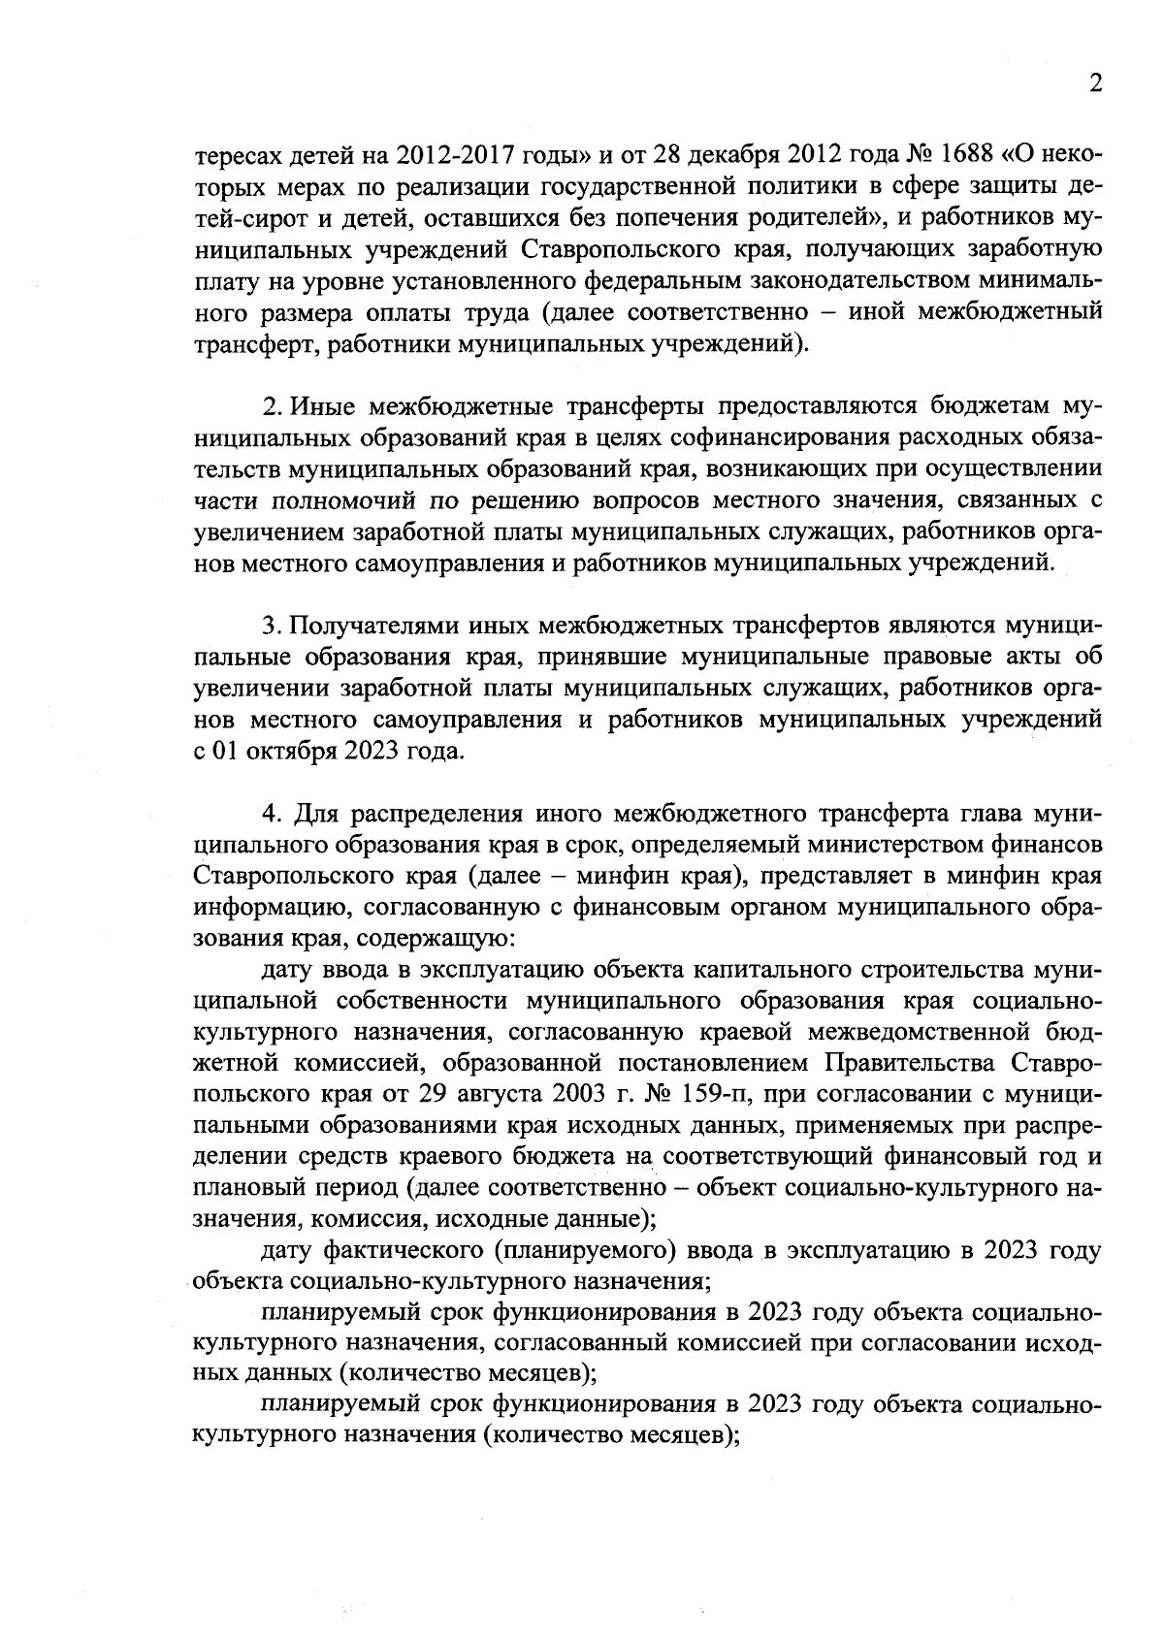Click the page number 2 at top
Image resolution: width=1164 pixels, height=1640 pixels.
click(1094, 84)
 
